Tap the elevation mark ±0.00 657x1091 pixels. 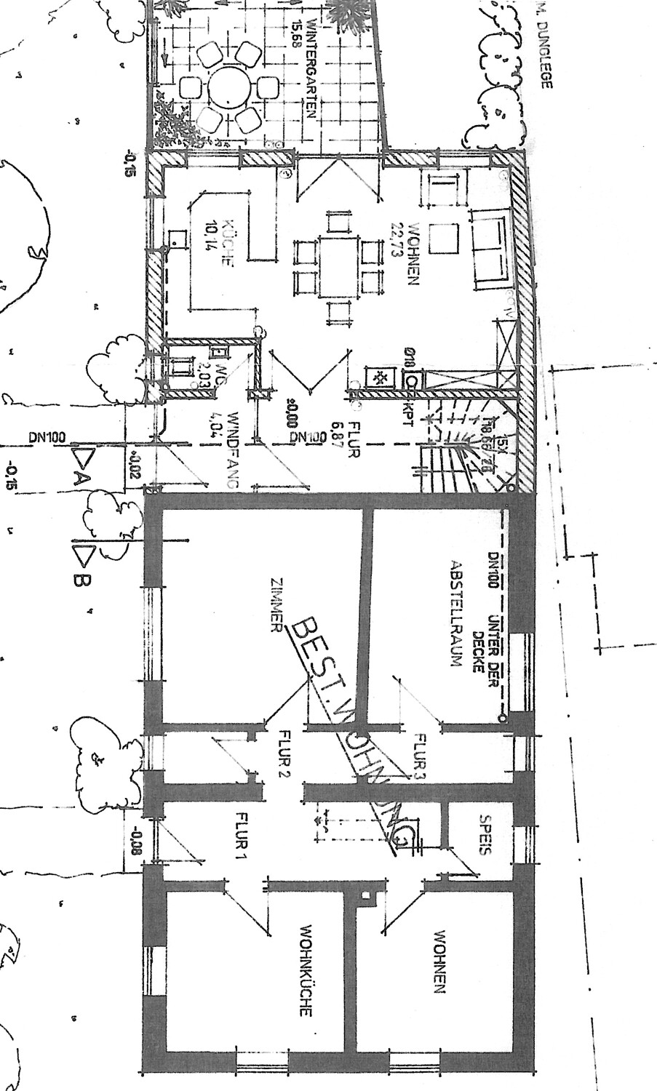(x=292, y=412)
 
